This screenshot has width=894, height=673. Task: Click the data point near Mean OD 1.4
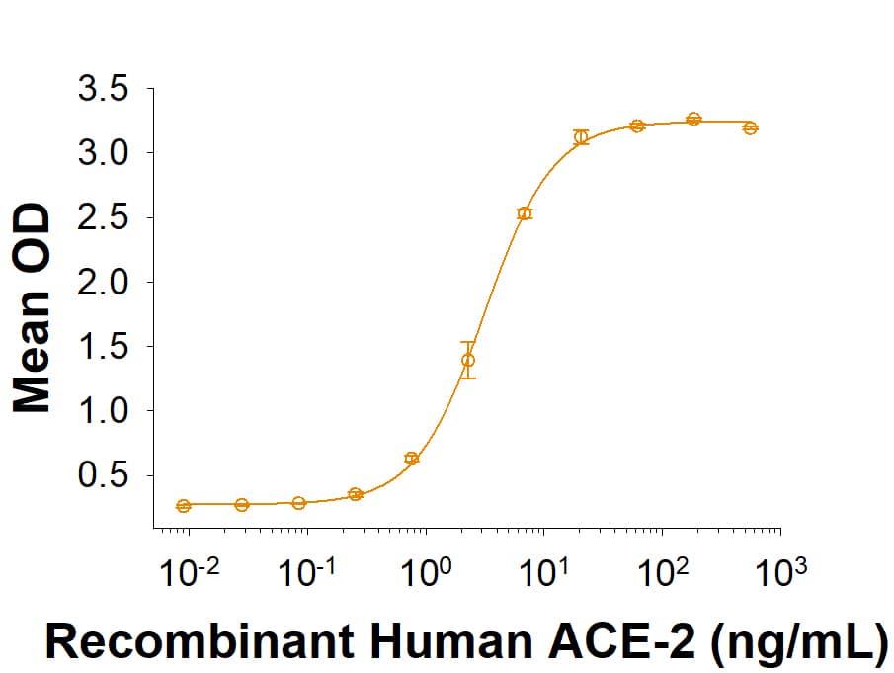(468, 360)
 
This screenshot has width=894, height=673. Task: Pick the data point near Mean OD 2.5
(525, 213)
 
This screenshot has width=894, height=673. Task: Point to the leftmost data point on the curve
(184, 506)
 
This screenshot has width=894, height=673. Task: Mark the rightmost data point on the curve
(750, 127)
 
